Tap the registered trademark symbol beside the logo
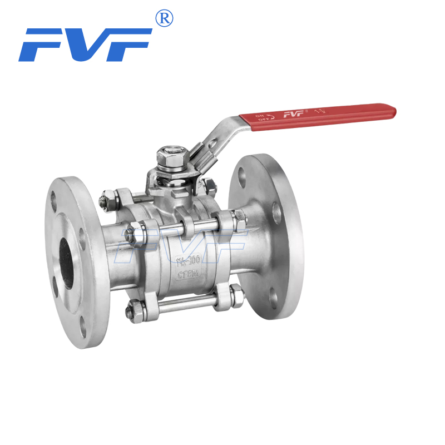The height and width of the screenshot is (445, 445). [x=164, y=18]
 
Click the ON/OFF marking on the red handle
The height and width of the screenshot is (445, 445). [x=260, y=117]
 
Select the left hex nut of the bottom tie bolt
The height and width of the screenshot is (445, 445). [x=135, y=308]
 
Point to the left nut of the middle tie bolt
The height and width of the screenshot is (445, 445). [x=135, y=233]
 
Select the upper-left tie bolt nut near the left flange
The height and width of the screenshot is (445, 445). [x=108, y=199]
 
